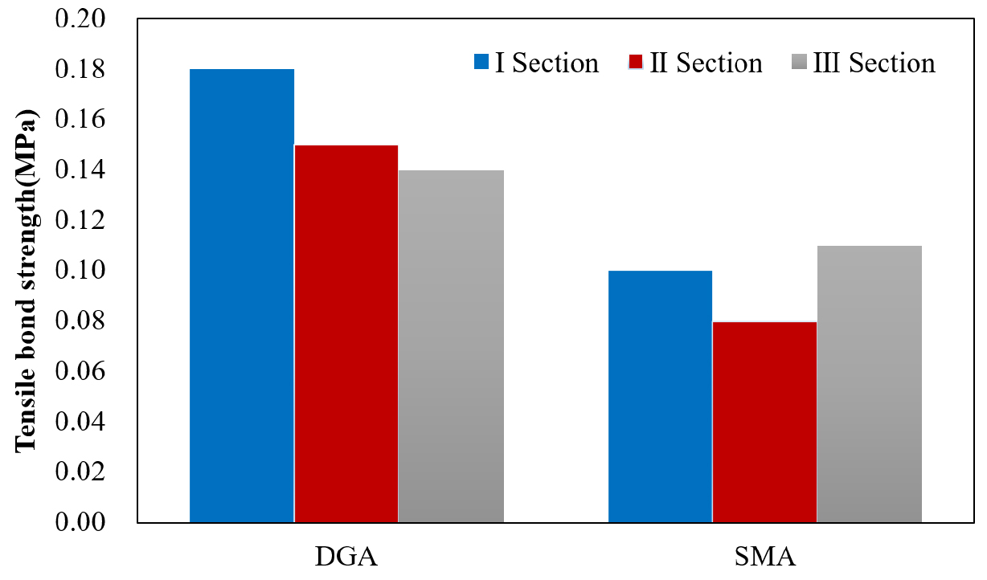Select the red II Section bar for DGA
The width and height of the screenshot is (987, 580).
(x=346, y=333)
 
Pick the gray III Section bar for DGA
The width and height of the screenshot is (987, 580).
(x=451, y=346)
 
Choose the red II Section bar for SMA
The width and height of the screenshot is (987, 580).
(x=764, y=422)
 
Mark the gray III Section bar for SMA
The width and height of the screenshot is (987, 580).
(x=869, y=384)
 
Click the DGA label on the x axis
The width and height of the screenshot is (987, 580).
(x=346, y=557)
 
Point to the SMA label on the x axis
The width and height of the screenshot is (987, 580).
(x=764, y=557)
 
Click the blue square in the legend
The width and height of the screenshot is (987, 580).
(x=481, y=62)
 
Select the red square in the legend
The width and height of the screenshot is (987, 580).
(x=637, y=62)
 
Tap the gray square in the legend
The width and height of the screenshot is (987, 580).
(x=798, y=62)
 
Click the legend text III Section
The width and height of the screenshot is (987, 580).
(x=874, y=63)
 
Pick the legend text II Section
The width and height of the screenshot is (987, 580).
(x=706, y=63)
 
